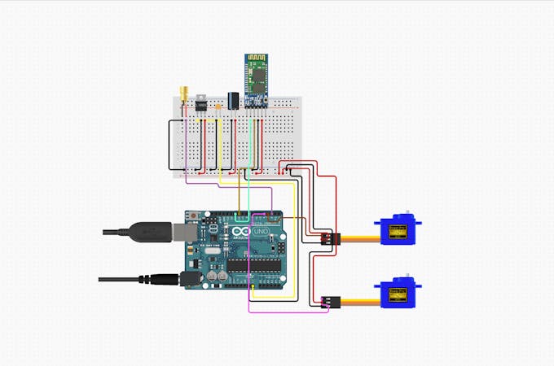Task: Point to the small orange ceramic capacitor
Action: click(218, 106)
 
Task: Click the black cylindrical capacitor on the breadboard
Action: click(233, 100)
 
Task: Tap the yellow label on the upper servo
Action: click(398, 233)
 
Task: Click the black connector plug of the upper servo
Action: click(328, 239)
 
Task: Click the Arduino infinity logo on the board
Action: click(241, 233)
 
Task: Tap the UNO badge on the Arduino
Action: click(262, 233)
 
